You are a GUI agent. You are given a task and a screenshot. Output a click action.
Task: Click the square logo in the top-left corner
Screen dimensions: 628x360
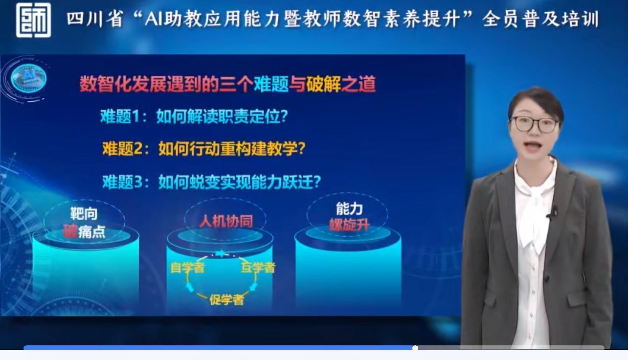click(x=33, y=20)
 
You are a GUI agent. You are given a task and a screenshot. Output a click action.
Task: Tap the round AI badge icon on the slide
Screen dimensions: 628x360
click(x=28, y=78)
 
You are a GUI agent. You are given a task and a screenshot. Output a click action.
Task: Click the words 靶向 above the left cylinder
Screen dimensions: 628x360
click(x=84, y=214)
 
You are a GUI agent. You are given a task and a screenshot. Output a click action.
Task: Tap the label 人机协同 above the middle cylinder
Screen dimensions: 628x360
click(x=226, y=222)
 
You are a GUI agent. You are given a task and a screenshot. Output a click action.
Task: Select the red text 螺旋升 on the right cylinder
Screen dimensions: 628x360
click(x=349, y=225)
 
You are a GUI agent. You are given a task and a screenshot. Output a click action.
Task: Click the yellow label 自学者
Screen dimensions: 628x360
click(x=187, y=268)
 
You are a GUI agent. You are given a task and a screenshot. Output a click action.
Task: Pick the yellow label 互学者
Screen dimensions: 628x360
click(x=258, y=268)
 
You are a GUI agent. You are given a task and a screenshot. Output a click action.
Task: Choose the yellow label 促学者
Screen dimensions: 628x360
click(x=226, y=300)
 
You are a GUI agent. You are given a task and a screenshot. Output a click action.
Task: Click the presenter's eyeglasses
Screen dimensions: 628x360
click(x=535, y=125)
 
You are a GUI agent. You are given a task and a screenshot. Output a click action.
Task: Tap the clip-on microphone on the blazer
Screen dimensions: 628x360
click(x=552, y=213)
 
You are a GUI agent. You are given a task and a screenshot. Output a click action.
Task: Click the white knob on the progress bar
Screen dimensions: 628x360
click(x=415, y=348)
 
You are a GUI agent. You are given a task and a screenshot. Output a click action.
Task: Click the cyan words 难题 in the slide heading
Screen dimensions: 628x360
click(x=271, y=84)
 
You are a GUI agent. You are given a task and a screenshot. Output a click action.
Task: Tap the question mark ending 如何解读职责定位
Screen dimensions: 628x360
click(x=284, y=116)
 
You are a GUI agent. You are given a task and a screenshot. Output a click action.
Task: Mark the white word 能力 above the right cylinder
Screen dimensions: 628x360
click(x=349, y=208)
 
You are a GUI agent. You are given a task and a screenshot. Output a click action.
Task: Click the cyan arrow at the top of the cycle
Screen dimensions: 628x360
click(x=221, y=253)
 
